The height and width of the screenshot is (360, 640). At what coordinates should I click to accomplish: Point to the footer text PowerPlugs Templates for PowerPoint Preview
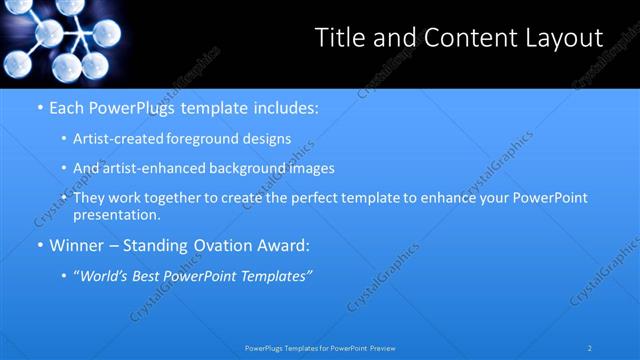pyautogui.click(x=320, y=347)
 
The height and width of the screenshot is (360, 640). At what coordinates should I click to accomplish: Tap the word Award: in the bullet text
pyautogui.click(x=286, y=244)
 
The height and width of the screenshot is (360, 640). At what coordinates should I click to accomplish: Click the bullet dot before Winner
pyautogui.click(x=39, y=244)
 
